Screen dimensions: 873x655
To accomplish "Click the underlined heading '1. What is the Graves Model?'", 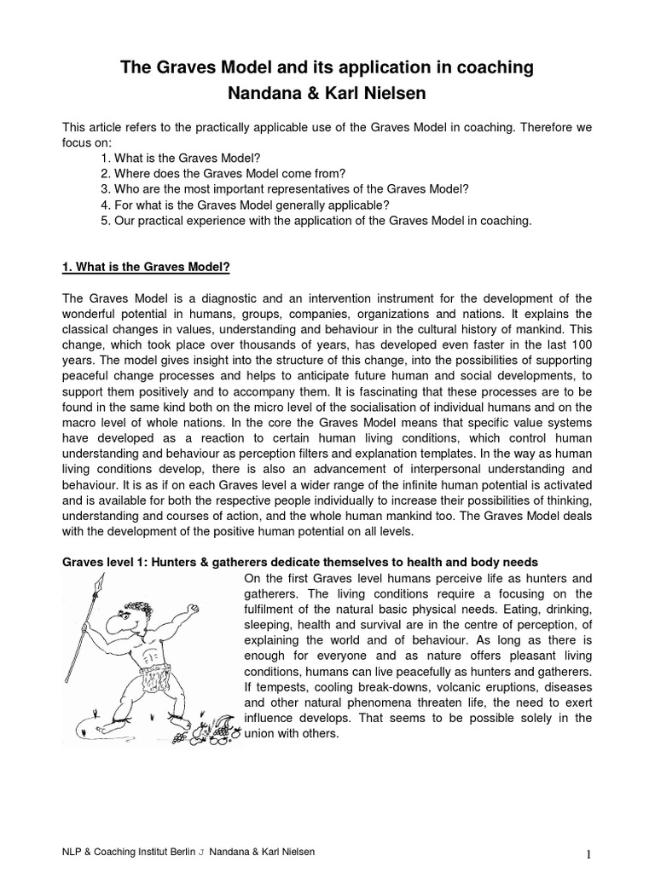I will [x=146, y=267].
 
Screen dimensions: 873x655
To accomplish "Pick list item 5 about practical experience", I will [x=316, y=220].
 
